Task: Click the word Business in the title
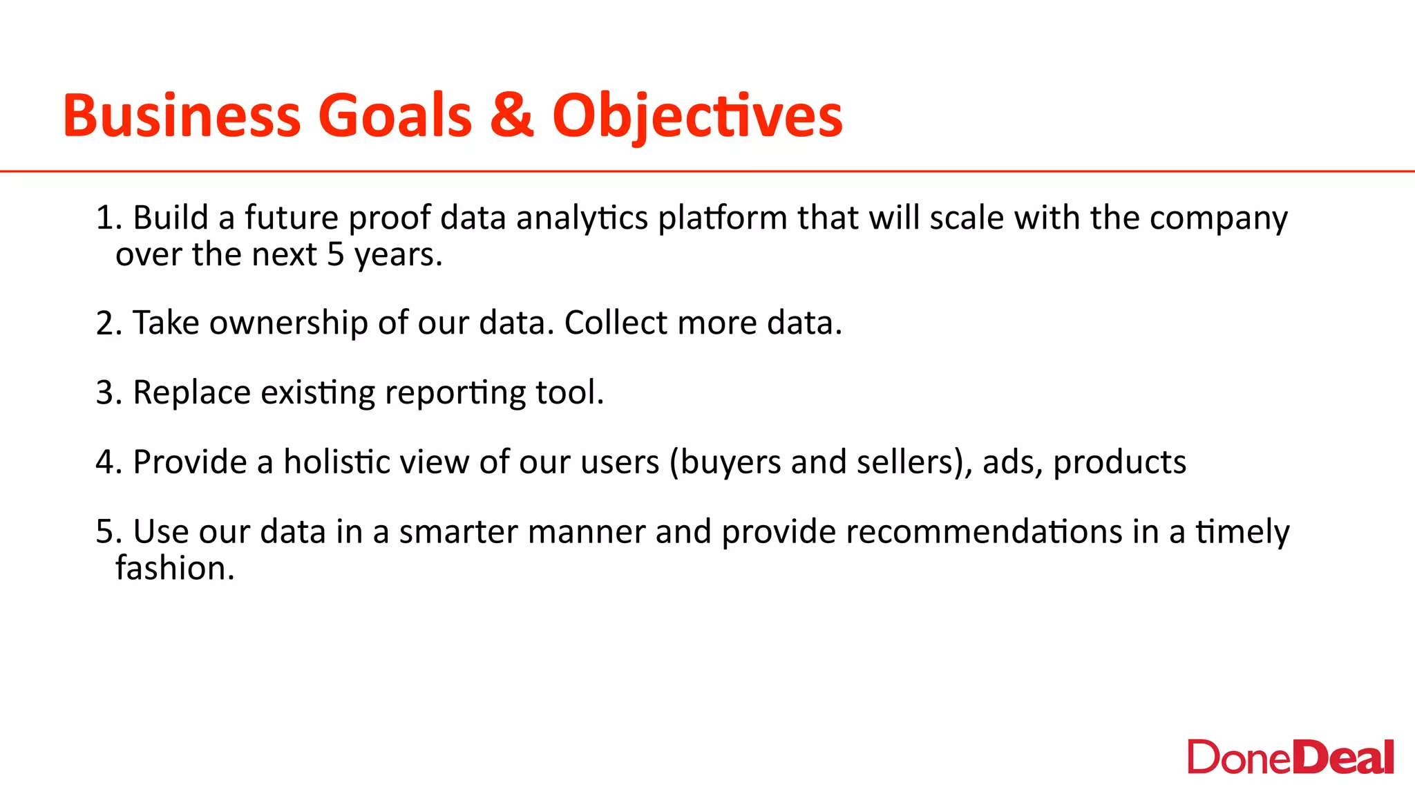point(182,115)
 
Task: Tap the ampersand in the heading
point(512,115)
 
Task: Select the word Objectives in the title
point(697,115)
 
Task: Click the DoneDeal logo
point(1290,758)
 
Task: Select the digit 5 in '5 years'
point(335,255)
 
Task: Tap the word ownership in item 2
point(288,323)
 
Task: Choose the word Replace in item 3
point(191,393)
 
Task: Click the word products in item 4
point(1119,462)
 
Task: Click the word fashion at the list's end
point(174,569)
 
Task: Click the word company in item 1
point(1218,218)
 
